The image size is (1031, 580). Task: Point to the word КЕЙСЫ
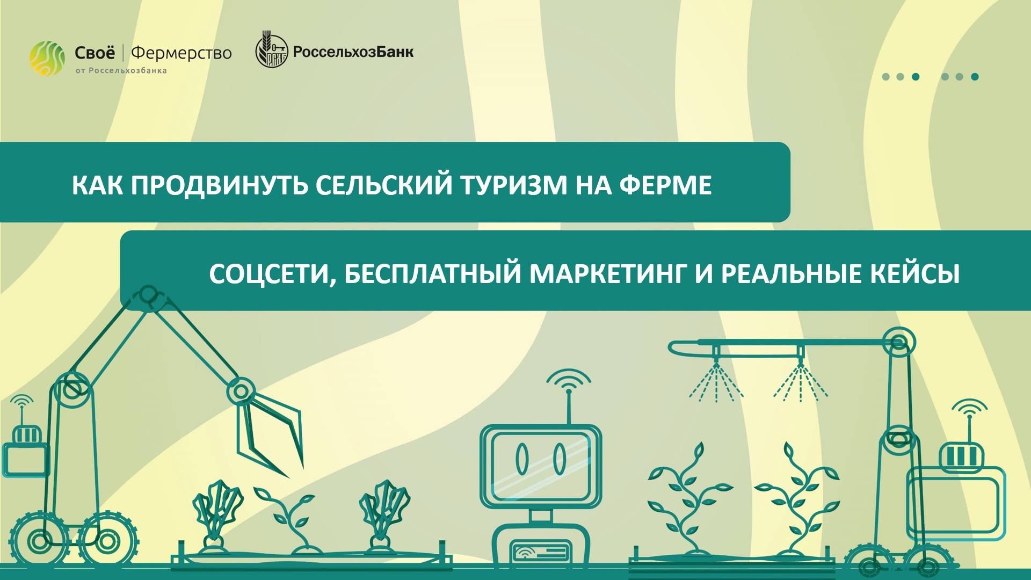[921, 274]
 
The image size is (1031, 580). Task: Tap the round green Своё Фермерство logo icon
[47, 58]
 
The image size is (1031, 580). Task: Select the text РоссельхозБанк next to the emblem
[353, 53]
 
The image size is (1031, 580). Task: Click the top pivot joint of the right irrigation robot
[898, 342]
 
